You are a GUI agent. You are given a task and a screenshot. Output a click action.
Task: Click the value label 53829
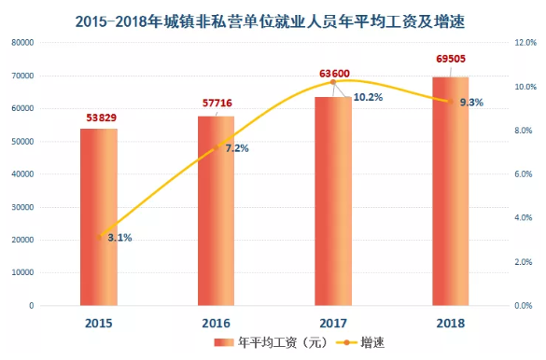tap(98, 118)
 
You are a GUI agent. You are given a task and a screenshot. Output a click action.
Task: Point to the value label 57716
tap(216, 105)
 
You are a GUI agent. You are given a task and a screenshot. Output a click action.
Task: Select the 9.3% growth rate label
tap(470, 103)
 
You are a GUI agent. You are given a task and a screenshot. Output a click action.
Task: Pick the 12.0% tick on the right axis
tap(525, 43)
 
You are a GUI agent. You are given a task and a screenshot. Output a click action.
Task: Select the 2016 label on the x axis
tap(216, 322)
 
